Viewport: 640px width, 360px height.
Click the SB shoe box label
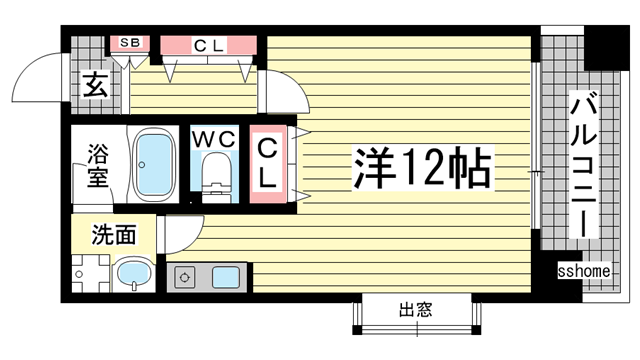coord(130,43)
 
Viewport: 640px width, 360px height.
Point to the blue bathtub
coord(155,164)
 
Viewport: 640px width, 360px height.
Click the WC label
coord(216,137)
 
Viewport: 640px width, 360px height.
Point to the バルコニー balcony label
coord(583,165)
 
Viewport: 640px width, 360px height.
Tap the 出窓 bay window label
coord(416,310)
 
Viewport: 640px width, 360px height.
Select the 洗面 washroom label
coord(113,236)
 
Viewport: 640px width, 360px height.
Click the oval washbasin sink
coord(132,274)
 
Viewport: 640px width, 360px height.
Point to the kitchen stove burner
coord(185,276)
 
